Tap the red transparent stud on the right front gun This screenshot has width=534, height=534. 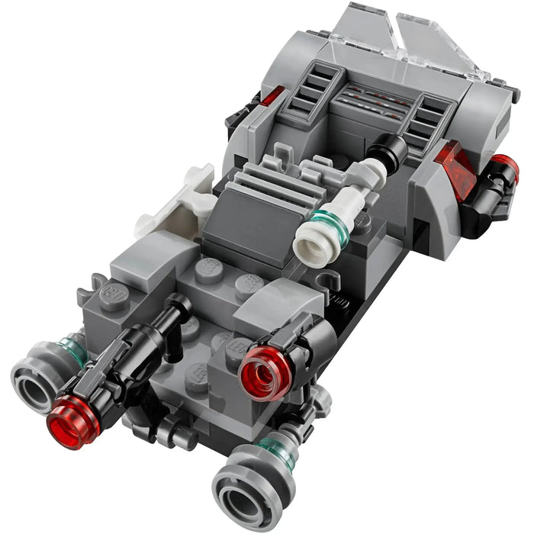[x=265, y=372]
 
